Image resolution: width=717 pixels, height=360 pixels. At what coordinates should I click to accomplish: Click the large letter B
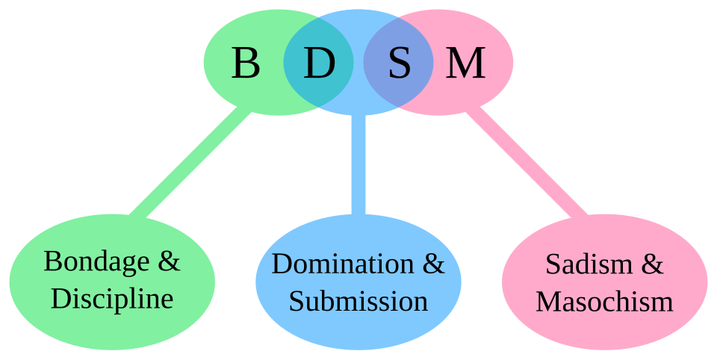click(246, 63)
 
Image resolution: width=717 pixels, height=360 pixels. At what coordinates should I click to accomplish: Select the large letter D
click(319, 63)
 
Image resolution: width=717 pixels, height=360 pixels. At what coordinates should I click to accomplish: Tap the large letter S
click(400, 63)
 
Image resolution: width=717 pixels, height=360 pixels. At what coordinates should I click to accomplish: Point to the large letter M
click(465, 63)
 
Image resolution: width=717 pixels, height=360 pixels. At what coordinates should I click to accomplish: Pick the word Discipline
click(112, 299)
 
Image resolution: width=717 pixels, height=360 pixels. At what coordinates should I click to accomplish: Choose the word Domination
click(343, 264)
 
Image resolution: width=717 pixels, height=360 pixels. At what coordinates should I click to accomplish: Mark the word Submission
click(358, 301)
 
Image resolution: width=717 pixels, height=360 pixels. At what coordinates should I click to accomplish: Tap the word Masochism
click(604, 301)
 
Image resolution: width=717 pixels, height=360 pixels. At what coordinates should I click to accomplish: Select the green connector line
click(190, 164)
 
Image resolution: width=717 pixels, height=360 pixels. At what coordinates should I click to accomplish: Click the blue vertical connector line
click(358, 164)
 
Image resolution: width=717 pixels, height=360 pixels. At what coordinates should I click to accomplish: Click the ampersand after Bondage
click(170, 261)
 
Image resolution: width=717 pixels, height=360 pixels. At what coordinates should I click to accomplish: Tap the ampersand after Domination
click(435, 264)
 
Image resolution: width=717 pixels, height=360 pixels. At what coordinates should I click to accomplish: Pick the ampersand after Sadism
click(653, 264)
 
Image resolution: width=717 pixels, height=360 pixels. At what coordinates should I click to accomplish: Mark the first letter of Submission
click(296, 301)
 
